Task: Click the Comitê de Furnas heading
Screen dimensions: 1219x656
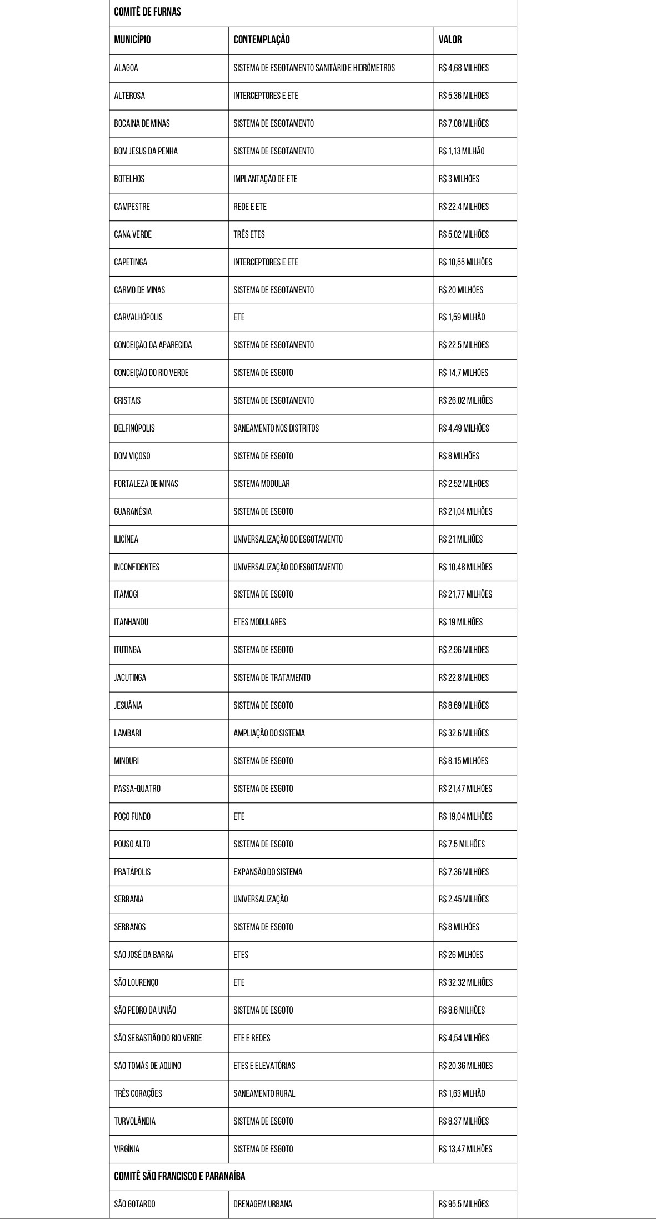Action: coord(147,12)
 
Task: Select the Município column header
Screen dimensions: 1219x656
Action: coord(132,39)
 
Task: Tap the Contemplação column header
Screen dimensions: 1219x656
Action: coord(261,39)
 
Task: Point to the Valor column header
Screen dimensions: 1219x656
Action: coord(450,39)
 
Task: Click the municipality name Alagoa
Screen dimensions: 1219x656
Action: coord(126,68)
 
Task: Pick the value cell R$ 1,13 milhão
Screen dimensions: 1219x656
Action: coord(461,151)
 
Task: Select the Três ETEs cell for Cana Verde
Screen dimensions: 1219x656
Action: coord(249,234)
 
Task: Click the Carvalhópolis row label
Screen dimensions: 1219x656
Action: coord(138,317)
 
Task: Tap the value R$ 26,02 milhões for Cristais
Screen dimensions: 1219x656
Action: coord(465,400)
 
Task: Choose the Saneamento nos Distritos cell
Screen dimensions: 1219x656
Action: coord(276,428)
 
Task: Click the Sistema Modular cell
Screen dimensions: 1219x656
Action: coord(261,484)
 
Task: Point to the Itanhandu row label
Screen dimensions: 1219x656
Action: coord(131,622)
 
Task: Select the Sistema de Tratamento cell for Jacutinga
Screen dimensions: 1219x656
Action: coord(272,678)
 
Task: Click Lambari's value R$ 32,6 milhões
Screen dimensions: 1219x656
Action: coord(463,733)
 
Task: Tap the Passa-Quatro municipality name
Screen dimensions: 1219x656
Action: coord(137,789)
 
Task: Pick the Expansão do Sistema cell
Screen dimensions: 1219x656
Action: coord(268,872)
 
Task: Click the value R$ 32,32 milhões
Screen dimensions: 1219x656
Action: coord(465,982)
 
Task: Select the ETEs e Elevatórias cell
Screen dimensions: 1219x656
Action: coord(264,1066)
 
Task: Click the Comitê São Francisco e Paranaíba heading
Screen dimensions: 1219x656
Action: coord(179,1176)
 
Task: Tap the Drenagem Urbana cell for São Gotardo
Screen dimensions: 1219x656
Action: coord(263,1204)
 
